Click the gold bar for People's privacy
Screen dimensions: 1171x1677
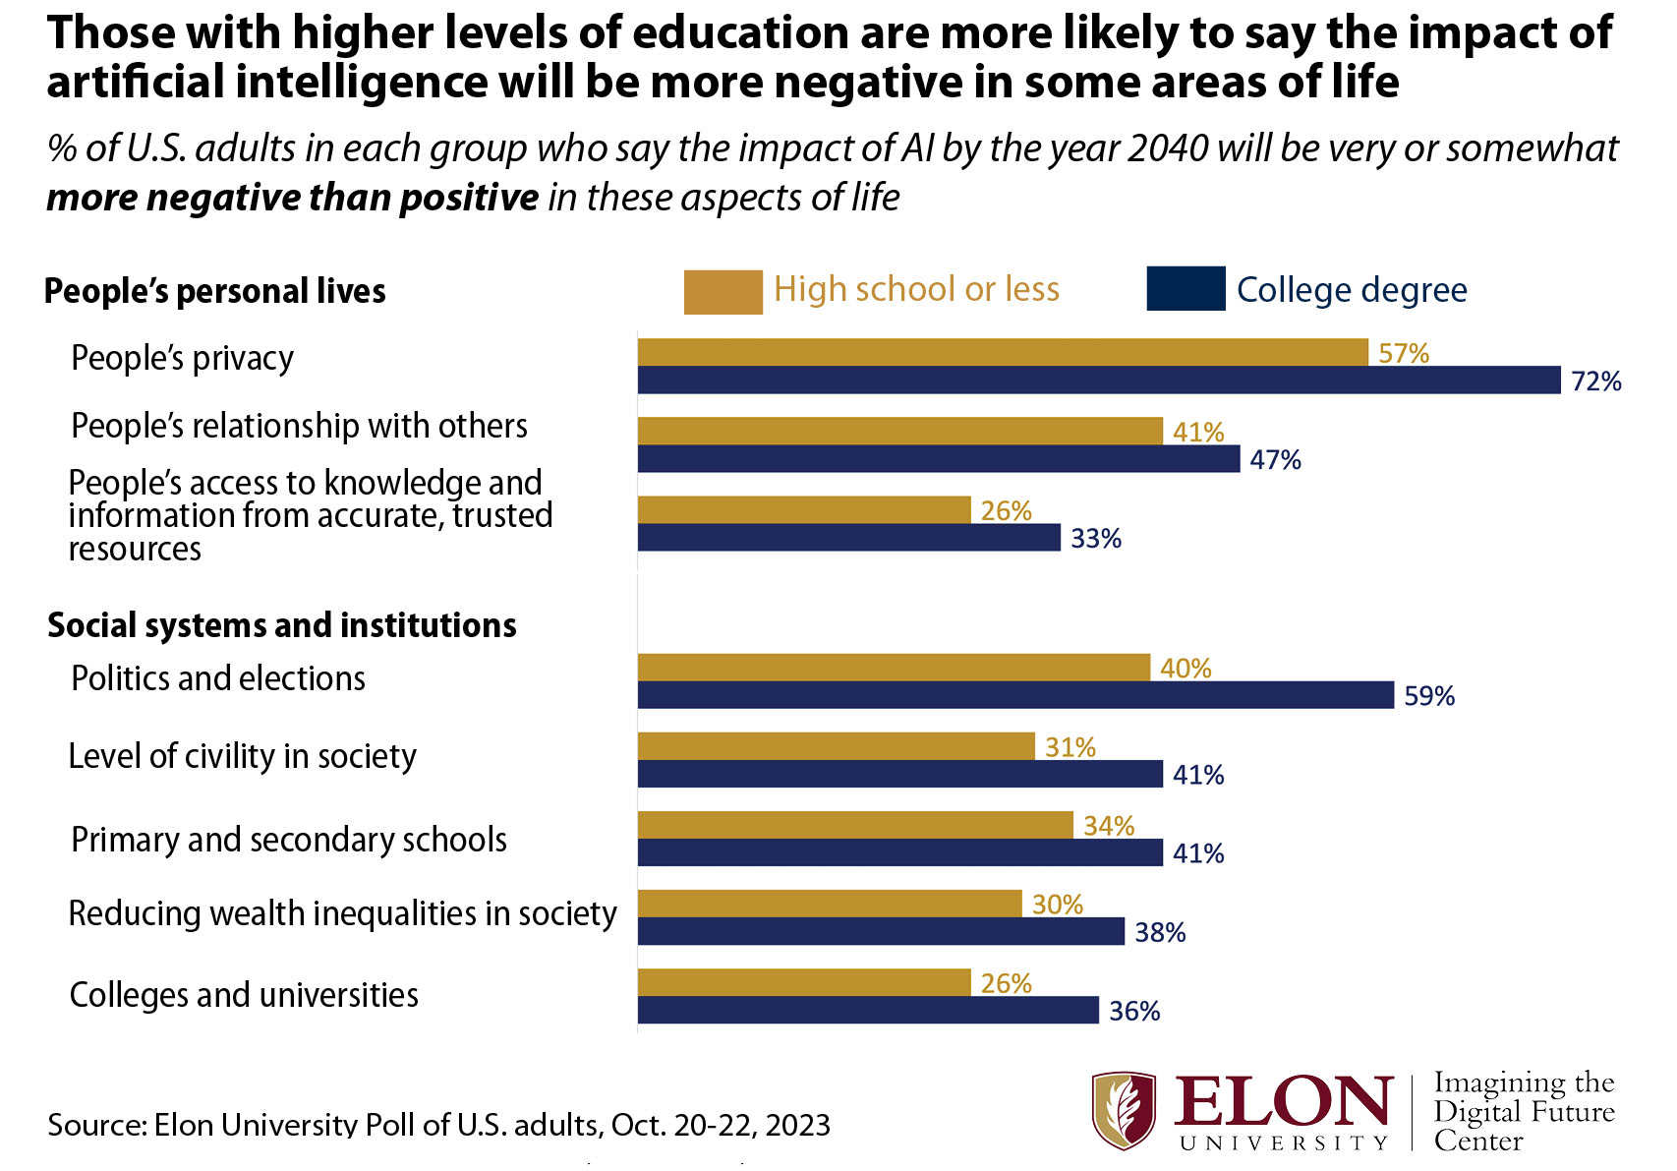1003,352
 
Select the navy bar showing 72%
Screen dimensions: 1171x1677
1099,381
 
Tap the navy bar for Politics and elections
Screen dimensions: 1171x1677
1015,695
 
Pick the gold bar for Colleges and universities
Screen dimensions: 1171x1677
804,982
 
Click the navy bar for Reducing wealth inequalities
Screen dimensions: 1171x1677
881,931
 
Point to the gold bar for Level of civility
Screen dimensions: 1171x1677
836,746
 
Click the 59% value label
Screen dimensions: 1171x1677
1429,696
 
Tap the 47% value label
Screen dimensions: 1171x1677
1275,459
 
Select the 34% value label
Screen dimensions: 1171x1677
1109,826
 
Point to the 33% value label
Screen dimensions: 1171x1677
1096,539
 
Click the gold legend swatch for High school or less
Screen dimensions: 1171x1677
723,292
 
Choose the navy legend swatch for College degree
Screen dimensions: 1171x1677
1185,289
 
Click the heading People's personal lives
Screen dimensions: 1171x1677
215,291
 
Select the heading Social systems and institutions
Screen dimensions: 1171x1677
282,625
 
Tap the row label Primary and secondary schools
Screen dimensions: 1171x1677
289,840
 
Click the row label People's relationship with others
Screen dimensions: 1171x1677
300,426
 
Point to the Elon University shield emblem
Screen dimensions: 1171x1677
1124,1111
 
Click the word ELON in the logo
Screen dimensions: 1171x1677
1283,1103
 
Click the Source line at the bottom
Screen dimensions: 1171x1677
438,1124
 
